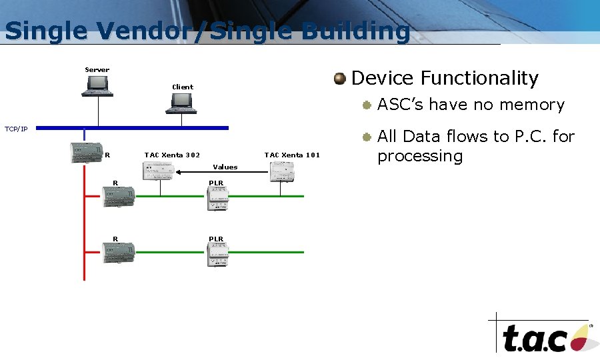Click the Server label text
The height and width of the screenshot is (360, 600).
97,70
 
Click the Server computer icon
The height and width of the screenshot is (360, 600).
97,85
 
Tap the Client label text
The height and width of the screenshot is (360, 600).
182,87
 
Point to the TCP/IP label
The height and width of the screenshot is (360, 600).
16,129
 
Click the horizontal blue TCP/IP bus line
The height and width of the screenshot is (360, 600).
133,127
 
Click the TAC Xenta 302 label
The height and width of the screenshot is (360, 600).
172,155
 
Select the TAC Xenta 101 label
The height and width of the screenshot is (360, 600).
292,155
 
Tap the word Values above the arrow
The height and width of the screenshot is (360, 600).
225,167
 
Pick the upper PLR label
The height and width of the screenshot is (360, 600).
216,183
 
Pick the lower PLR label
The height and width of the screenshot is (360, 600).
216,239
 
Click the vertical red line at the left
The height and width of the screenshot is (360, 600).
85,227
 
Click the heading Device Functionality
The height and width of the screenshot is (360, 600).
444,79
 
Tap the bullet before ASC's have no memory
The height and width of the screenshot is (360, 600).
366,105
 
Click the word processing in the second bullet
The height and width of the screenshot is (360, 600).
419,157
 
